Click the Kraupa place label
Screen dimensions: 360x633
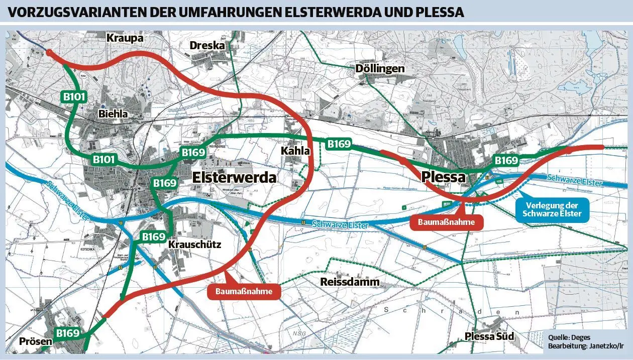(125, 38)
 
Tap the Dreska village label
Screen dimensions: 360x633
(207, 46)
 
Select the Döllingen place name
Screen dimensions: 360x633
(380, 68)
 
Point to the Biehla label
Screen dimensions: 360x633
(113, 114)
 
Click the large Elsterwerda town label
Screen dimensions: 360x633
(234, 178)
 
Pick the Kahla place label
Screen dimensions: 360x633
(295, 150)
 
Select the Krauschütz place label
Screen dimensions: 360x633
(194, 245)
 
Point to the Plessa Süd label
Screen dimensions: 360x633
(489, 336)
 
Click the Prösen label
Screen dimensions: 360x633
(36, 342)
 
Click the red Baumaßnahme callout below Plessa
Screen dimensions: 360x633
(446, 222)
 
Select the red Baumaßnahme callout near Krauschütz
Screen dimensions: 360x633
(244, 292)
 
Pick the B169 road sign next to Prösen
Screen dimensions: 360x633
(68, 333)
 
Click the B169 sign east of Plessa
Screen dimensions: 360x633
(506, 161)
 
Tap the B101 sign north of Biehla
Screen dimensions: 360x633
(74, 97)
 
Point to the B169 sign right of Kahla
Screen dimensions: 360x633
(339, 144)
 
